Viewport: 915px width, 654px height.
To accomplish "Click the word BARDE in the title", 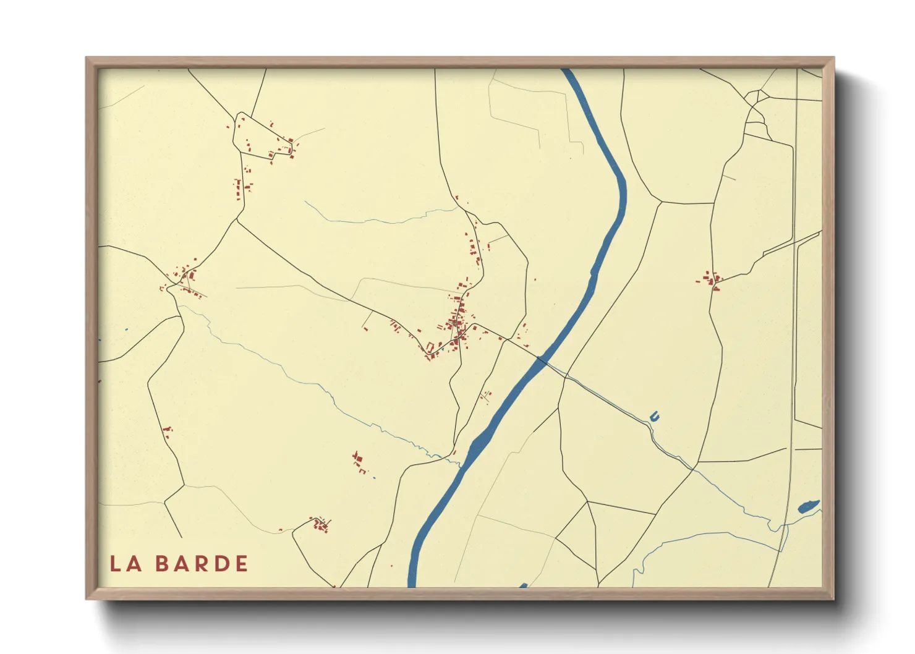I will (x=202, y=564).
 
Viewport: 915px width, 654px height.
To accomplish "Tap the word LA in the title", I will (x=126, y=564).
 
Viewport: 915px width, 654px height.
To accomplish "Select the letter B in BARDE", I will (x=163, y=564).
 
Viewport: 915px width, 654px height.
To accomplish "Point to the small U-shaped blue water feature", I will (x=655, y=417).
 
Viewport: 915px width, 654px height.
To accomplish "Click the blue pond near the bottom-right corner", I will (x=808, y=507).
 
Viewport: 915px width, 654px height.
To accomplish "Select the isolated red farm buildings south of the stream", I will (x=359, y=462).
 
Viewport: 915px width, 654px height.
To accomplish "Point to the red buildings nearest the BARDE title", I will (x=320, y=525).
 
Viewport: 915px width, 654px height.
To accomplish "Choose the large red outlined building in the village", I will (x=430, y=347).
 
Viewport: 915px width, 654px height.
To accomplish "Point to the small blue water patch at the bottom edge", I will (x=523, y=585).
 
